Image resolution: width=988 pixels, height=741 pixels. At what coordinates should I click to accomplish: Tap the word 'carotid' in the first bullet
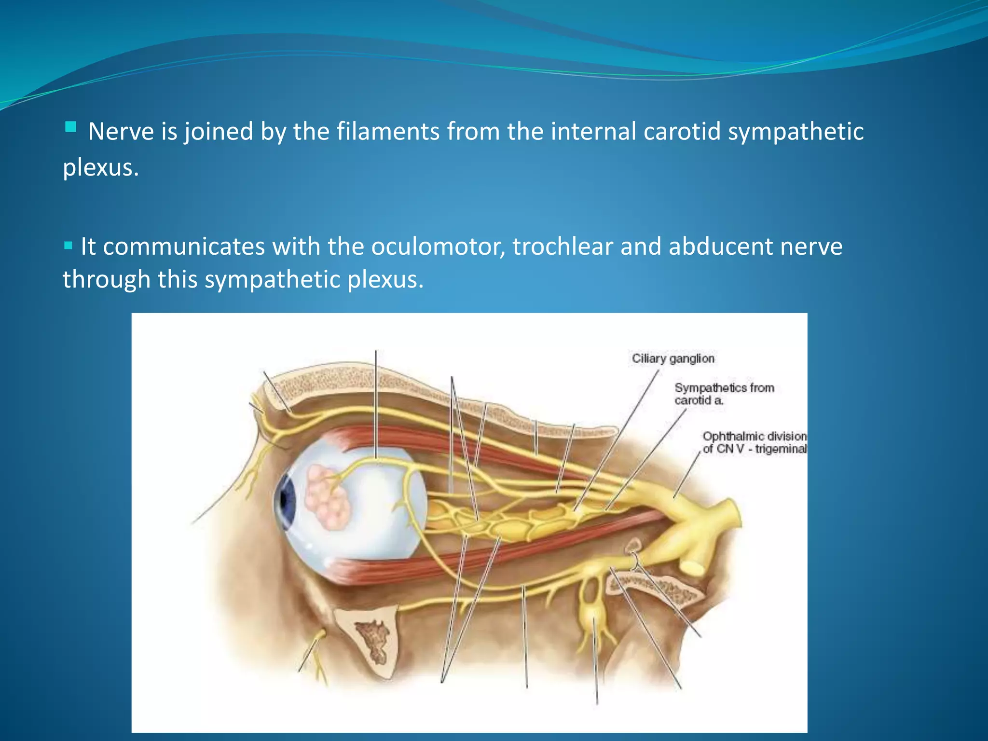tap(682, 132)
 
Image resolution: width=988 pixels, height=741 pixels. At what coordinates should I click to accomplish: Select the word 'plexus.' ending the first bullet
tap(100, 168)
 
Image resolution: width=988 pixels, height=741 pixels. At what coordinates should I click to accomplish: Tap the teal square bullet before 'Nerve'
tap(70, 127)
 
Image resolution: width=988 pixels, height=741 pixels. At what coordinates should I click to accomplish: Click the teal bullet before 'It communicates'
tap(68, 246)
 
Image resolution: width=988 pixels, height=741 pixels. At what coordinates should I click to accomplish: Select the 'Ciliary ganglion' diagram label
tap(672, 358)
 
